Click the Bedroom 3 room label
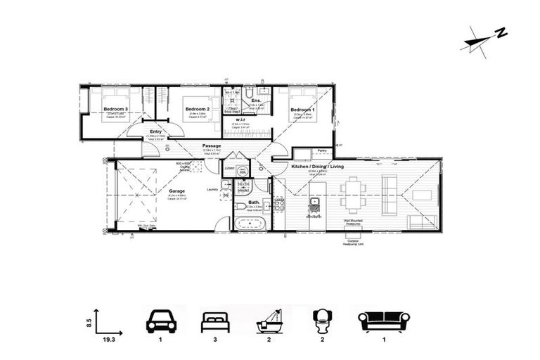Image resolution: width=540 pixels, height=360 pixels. (115, 109)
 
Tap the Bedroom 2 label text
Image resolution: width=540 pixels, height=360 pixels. (198, 109)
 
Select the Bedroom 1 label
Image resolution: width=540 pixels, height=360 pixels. (302, 109)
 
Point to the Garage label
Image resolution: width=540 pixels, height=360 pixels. (176, 190)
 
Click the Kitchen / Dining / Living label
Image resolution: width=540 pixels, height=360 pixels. (318, 166)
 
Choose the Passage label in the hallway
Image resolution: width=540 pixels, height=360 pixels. (212, 146)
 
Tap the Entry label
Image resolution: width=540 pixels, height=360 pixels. (155, 131)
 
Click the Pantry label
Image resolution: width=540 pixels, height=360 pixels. (322, 150)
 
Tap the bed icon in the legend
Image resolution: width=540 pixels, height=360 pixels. (215, 321)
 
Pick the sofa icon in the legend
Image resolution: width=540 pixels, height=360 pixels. (384, 321)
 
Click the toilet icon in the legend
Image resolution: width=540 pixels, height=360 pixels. (323, 321)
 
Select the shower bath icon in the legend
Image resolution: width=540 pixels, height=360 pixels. (270, 321)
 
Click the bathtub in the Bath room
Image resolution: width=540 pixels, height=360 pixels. (250, 224)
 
